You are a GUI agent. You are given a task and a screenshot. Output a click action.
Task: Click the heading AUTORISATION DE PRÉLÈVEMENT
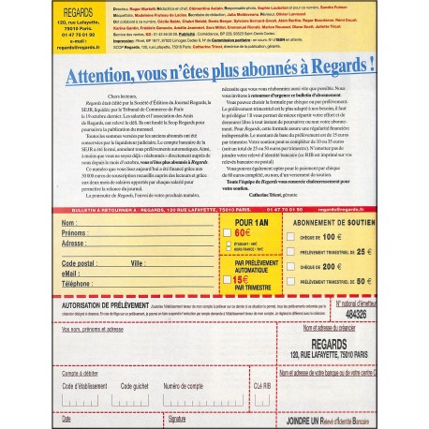point(107,306)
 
